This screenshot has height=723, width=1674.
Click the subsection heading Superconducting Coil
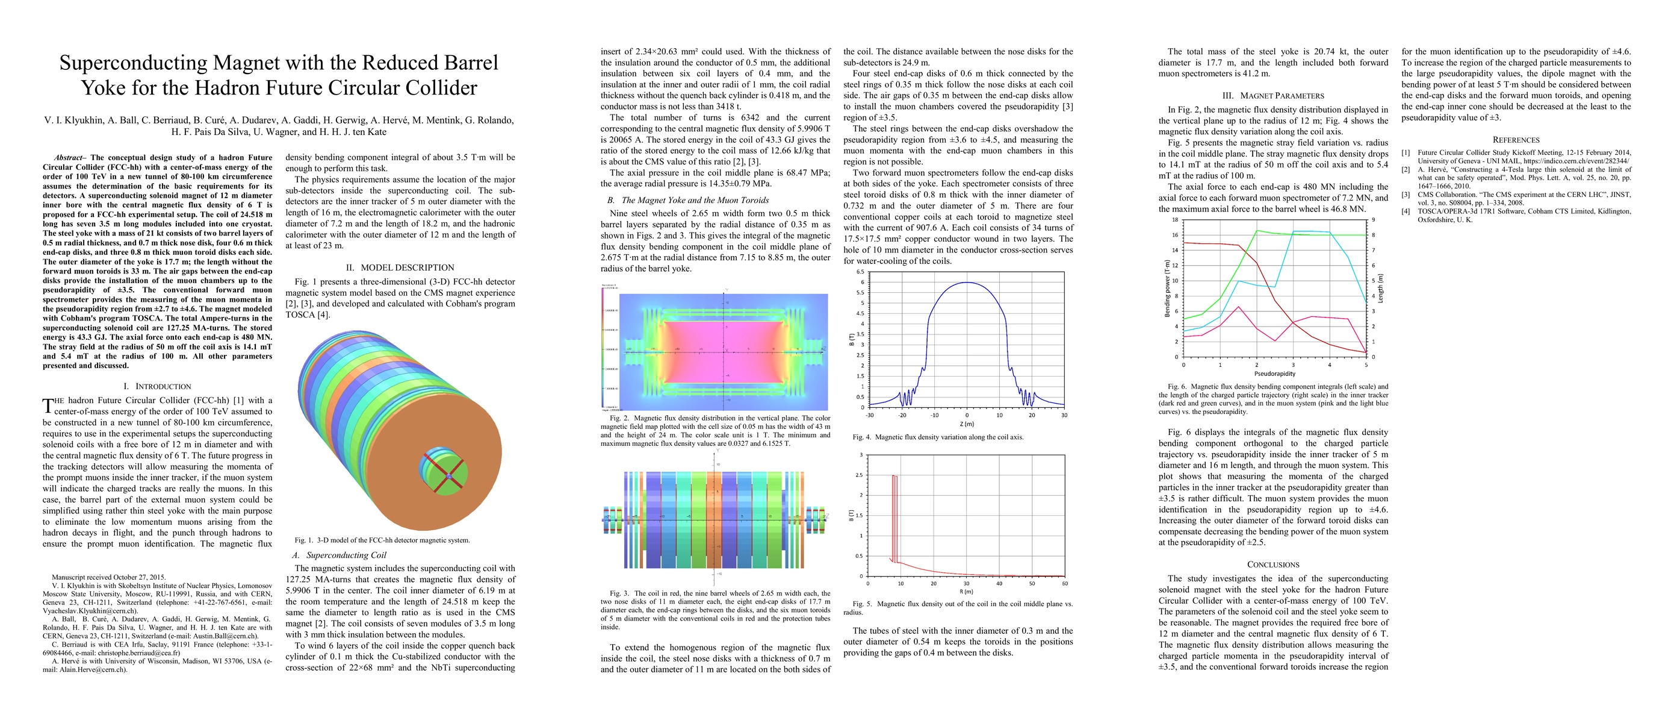pos(346,555)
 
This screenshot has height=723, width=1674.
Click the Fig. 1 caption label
pos(304,540)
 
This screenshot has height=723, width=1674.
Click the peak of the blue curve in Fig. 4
pos(967,282)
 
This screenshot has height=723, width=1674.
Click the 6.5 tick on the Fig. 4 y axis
pos(860,272)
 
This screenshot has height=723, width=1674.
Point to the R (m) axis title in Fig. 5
pos(966,592)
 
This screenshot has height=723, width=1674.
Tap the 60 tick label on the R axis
pos(1064,583)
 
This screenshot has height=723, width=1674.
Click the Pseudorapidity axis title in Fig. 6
pos(1274,374)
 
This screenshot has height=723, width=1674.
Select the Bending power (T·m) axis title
pos(1167,288)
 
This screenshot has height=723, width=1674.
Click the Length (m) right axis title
pos(1380,288)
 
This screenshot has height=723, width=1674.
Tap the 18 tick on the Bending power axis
pos(1174,220)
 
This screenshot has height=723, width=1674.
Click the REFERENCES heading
pos(1516,140)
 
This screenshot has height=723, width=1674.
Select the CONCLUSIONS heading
pos(1273,565)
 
